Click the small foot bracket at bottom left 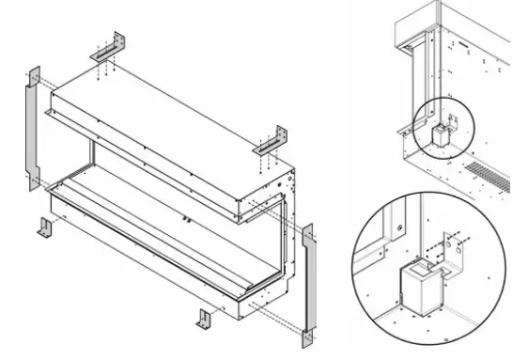(46, 227)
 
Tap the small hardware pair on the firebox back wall (189, 218)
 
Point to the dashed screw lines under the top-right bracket (261, 162)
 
